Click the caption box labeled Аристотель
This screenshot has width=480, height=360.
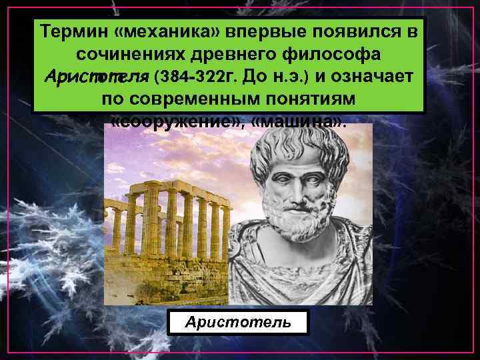[x=239, y=322]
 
